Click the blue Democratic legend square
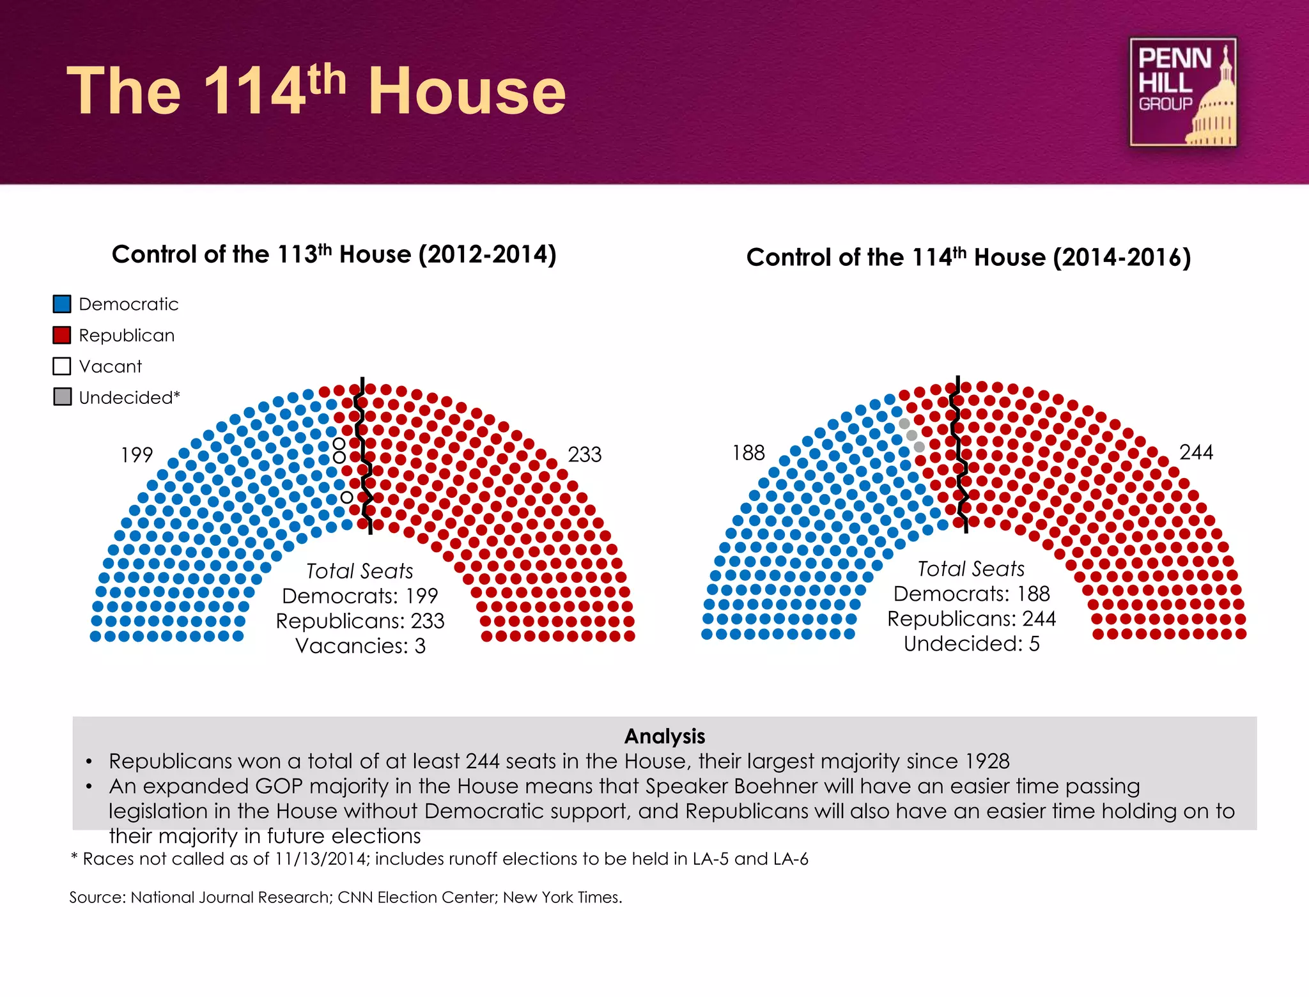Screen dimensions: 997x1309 [x=62, y=304]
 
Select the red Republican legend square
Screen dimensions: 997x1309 [x=62, y=336]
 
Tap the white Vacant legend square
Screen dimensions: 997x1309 [x=62, y=366]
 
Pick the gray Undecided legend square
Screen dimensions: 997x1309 [x=62, y=397]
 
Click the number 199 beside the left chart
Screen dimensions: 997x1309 [x=137, y=455]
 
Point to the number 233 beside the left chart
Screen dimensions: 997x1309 [x=585, y=454]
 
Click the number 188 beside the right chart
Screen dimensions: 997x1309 [x=748, y=453]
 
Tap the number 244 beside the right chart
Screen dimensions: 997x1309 [x=1196, y=452]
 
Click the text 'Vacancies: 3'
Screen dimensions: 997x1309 [x=360, y=646]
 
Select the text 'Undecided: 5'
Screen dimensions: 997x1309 [x=972, y=644]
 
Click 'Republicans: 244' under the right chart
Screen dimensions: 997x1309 [x=972, y=619]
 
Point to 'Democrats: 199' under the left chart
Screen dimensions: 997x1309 [x=360, y=596]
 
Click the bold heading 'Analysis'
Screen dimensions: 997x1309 [x=665, y=736]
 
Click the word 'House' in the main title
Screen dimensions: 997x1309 [x=467, y=91]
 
